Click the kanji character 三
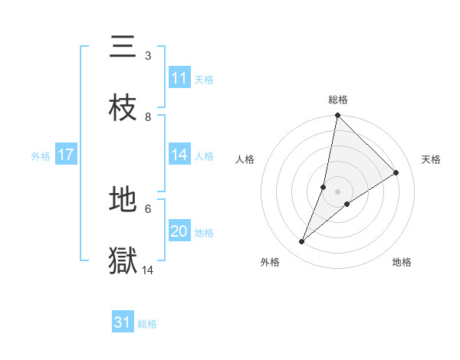tap(123, 47)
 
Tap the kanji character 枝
tap(123, 108)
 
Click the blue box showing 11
tap(179, 78)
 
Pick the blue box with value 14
tap(179, 155)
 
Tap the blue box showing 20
tap(179, 231)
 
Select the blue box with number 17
tap(65, 155)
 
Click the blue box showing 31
tap(123, 322)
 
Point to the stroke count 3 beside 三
tap(148, 56)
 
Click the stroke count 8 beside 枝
tap(148, 116)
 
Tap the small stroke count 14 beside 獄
tap(148, 270)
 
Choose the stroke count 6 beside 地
tap(148, 208)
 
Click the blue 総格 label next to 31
tap(147, 324)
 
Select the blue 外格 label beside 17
tap(41, 156)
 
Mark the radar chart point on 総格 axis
tap(337, 115)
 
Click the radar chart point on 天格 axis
tap(396, 172)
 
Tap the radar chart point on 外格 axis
tap(302, 242)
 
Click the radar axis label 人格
tap(245, 159)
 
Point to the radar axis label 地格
tap(402, 262)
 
